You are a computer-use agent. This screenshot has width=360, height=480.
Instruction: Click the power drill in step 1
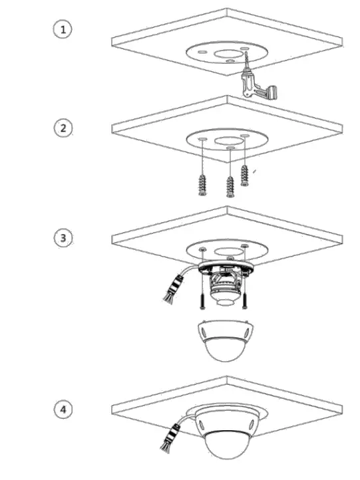tap(257, 83)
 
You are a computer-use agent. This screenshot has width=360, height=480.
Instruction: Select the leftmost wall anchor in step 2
tap(202, 182)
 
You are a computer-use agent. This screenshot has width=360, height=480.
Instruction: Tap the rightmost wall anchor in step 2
tap(245, 175)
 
